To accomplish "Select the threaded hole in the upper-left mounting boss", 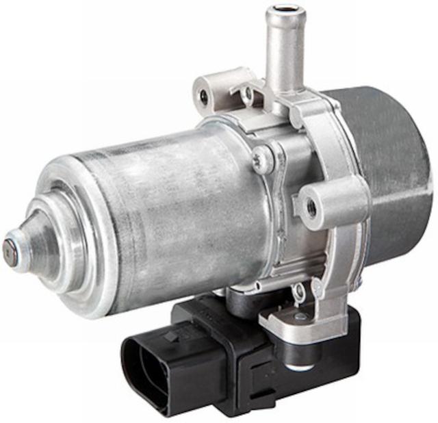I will click(203, 96).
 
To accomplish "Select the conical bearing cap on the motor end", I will click(34, 240).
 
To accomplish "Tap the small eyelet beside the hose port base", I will click(247, 97).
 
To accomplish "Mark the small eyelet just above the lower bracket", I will click(299, 294).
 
